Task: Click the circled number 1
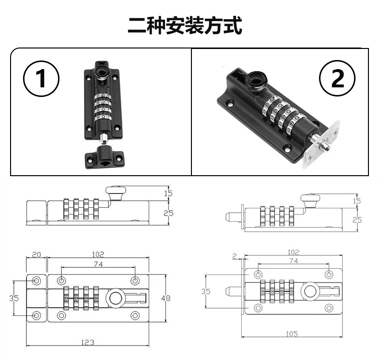tap(41, 79)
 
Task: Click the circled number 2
tap(337, 78)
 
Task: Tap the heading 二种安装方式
tap(185, 25)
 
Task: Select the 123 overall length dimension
tap(87, 342)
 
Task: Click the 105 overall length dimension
tap(292, 334)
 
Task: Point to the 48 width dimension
tap(166, 298)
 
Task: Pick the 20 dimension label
tap(36, 254)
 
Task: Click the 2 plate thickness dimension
tap(235, 256)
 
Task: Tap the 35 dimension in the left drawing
tap(14, 298)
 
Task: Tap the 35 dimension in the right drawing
tap(206, 291)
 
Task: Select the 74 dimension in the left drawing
tap(98, 264)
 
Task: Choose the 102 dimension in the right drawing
tap(293, 252)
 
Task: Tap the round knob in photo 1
tap(102, 72)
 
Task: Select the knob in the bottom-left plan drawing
tap(116, 298)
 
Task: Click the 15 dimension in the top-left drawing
tap(168, 193)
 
